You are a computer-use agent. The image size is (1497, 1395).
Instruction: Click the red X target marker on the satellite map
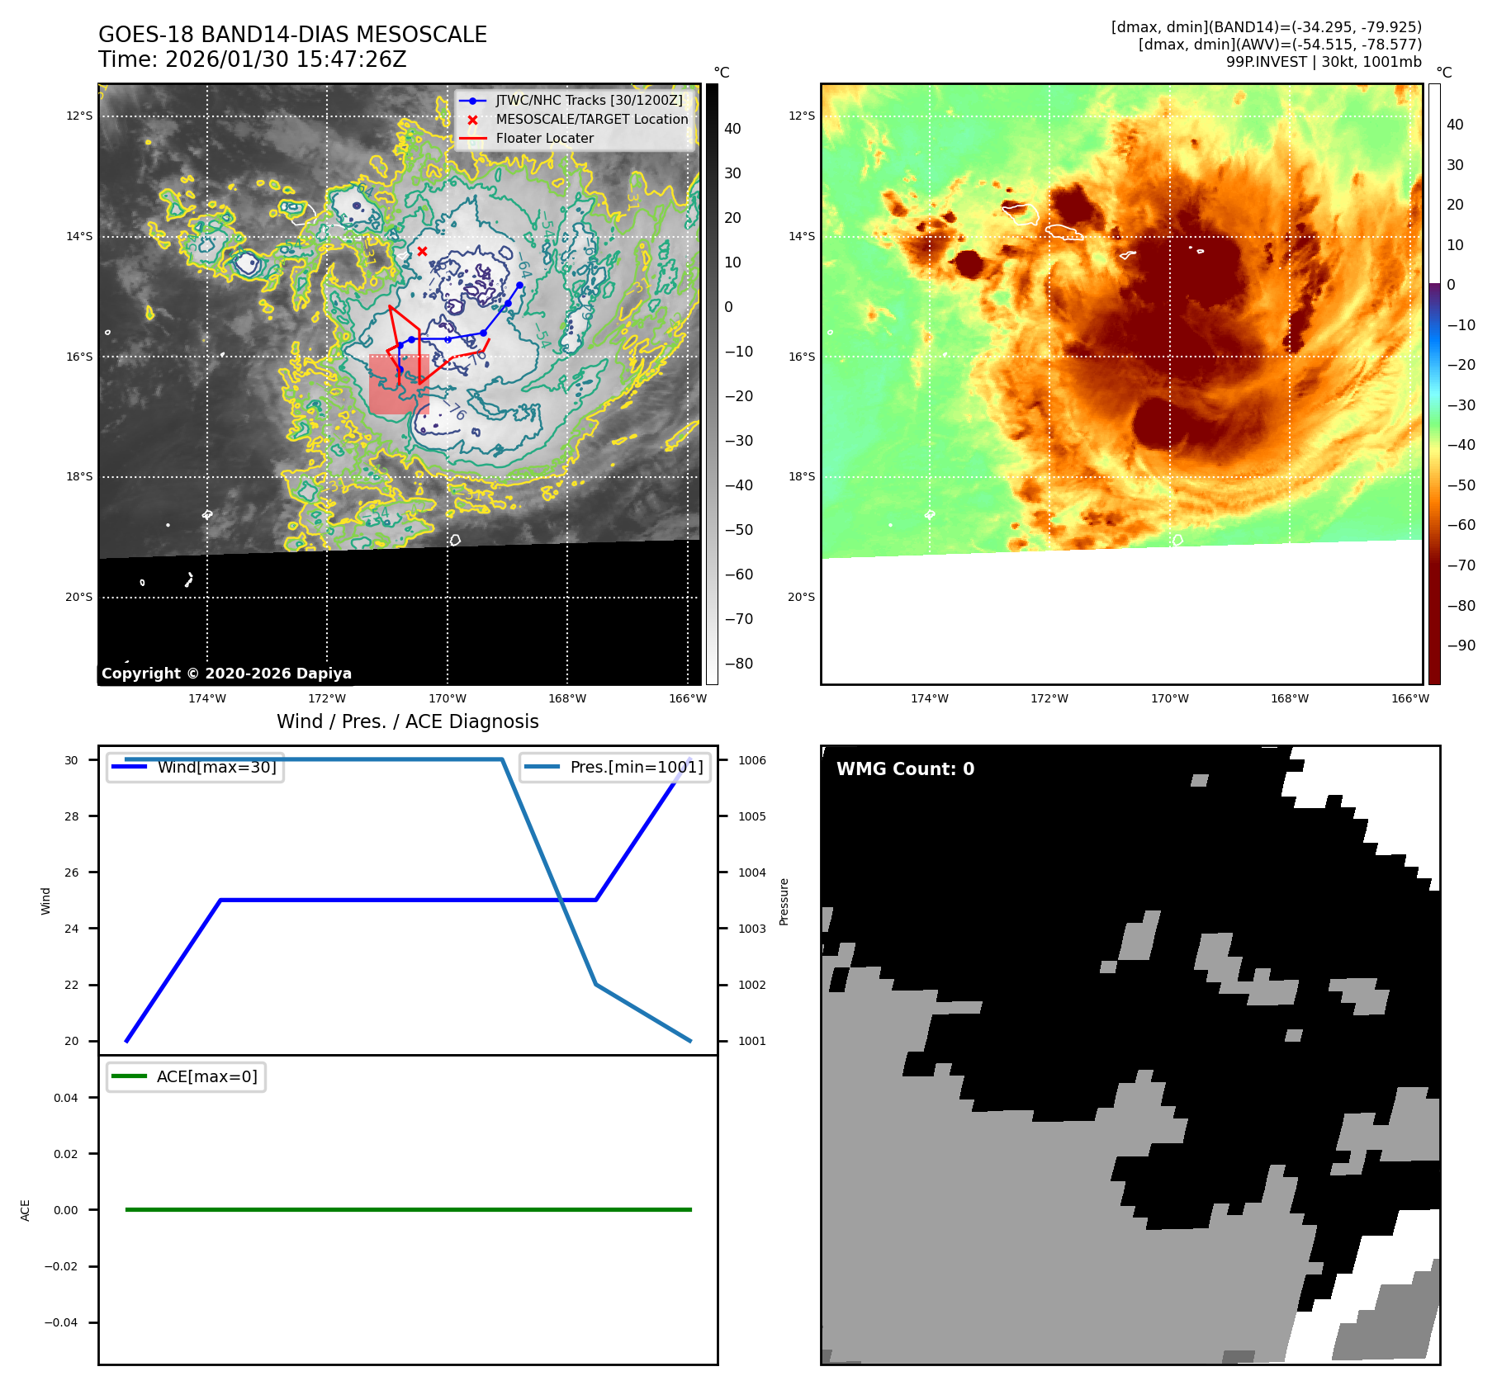[422, 251]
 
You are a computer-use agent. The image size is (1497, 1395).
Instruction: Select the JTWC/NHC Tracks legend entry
[589, 101]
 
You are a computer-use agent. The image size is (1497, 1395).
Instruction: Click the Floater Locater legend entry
[544, 139]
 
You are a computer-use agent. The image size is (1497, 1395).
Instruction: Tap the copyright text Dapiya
[226, 674]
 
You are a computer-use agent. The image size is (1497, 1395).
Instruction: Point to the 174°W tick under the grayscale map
[207, 699]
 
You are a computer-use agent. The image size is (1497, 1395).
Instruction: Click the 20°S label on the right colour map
[801, 597]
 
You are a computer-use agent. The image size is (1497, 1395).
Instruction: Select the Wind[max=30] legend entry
[216, 767]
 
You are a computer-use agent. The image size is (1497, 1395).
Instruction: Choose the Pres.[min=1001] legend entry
[636, 767]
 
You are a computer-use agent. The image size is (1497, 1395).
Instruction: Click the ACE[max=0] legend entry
[206, 1076]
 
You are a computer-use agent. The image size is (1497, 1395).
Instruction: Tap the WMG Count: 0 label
[905, 768]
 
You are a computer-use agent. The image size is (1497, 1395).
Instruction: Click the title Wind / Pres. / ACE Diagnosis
[407, 721]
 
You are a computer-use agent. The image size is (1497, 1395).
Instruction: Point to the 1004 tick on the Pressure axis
[752, 872]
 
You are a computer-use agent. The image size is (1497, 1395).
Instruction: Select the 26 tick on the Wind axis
[72, 872]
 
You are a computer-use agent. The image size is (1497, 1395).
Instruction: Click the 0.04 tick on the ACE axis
[66, 1098]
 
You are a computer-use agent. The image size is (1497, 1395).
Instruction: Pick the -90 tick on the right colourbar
[1460, 645]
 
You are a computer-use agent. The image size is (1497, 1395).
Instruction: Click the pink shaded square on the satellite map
[398, 385]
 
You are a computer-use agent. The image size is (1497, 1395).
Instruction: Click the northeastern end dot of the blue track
[519, 286]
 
